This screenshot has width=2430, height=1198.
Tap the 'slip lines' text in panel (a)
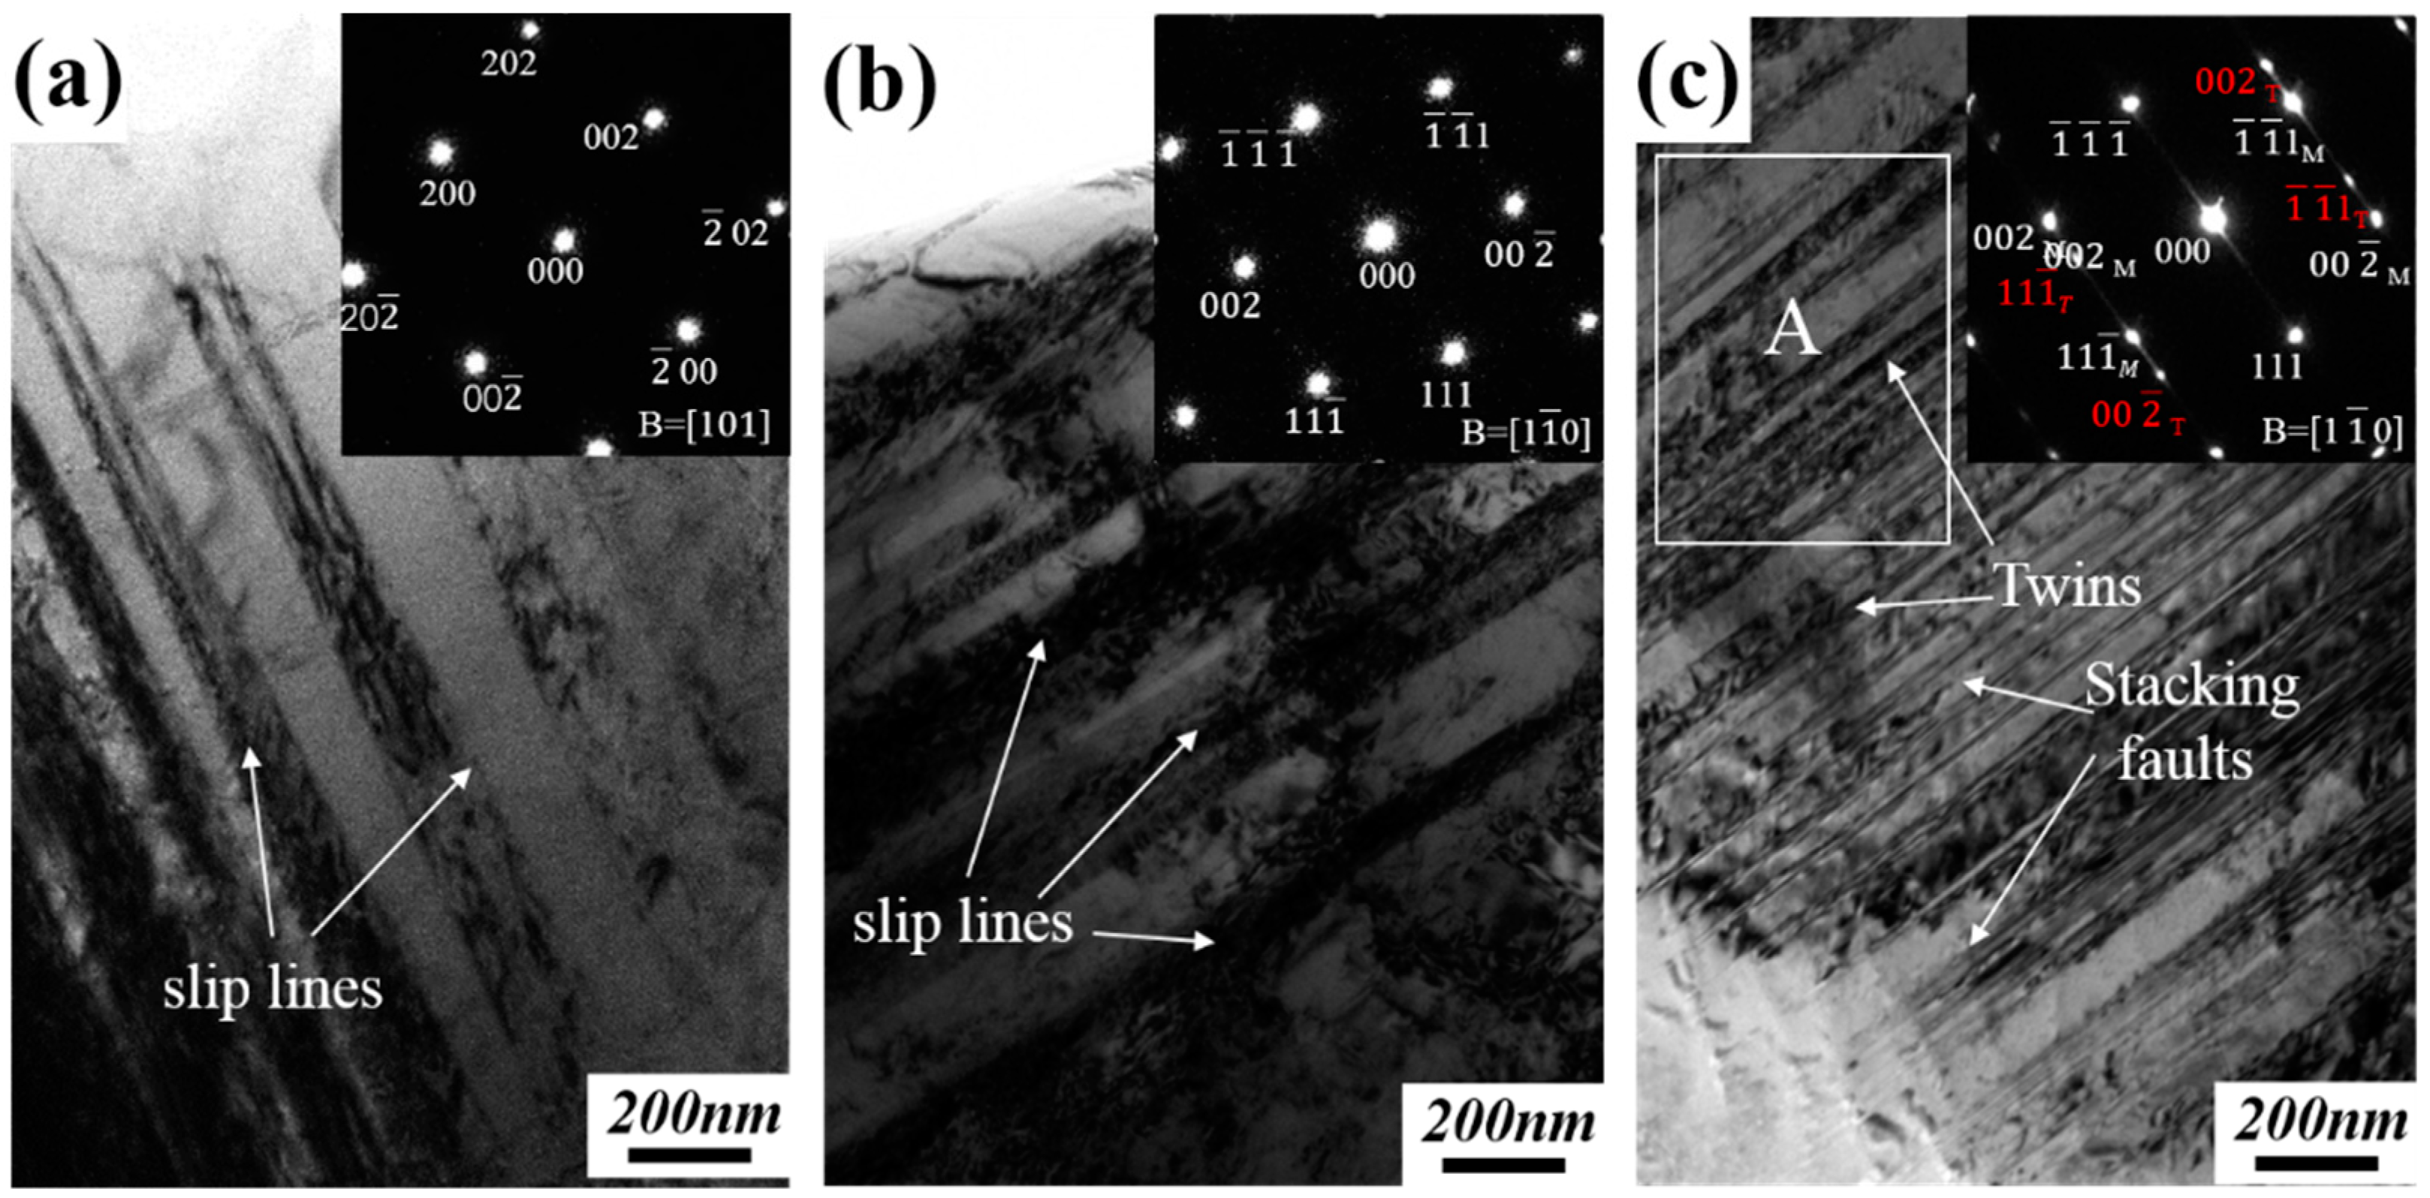(x=273, y=989)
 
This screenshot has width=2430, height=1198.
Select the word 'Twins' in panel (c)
(x=2067, y=587)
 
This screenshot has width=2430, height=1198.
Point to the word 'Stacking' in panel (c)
(x=2190, y=687)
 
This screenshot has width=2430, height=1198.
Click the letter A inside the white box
(x=1792, y=332)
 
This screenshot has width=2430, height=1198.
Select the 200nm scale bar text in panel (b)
(x=1507, y=1122)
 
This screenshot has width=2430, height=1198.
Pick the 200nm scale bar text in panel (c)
(x=2320, y=1121)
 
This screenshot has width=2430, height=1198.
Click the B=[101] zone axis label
(x=704, y=426)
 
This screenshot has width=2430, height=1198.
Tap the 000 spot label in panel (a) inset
(x=555, y=272)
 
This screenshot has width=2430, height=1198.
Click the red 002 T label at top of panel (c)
(x=2236, y=83)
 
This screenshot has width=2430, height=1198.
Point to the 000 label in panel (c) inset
(x=2182, y=251)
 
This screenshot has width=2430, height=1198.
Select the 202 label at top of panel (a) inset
(x=508, y=64)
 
